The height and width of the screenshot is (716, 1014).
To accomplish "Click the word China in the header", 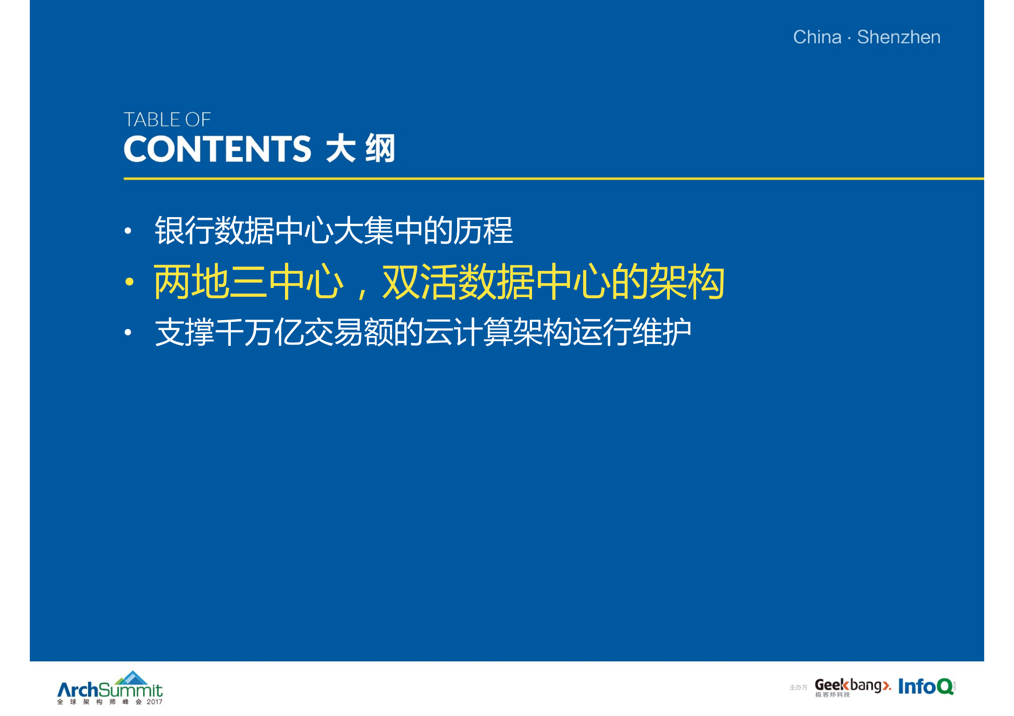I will [817, 37].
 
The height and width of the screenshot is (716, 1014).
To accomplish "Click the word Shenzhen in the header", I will [898, 37].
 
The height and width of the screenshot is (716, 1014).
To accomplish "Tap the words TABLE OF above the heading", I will [167, 120].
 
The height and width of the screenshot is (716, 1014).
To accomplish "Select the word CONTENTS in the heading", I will [217, 149].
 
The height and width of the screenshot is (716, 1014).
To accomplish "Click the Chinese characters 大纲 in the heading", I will [360, 149].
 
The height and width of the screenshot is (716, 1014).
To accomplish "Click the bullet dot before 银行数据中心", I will [128, 231].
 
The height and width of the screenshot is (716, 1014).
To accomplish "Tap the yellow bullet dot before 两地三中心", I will [130, 282].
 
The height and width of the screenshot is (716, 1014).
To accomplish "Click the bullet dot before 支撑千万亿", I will [128, 333].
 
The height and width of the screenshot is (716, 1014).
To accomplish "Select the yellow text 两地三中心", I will [248, 282].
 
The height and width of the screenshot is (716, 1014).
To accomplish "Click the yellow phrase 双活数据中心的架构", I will [553, 282].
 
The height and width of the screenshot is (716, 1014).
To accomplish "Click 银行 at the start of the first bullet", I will [184, 231].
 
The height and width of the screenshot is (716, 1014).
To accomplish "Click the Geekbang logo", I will [852, 686].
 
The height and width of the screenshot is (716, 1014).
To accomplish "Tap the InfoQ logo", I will [926, 686].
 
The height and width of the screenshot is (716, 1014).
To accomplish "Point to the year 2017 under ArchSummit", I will [154, 702].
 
